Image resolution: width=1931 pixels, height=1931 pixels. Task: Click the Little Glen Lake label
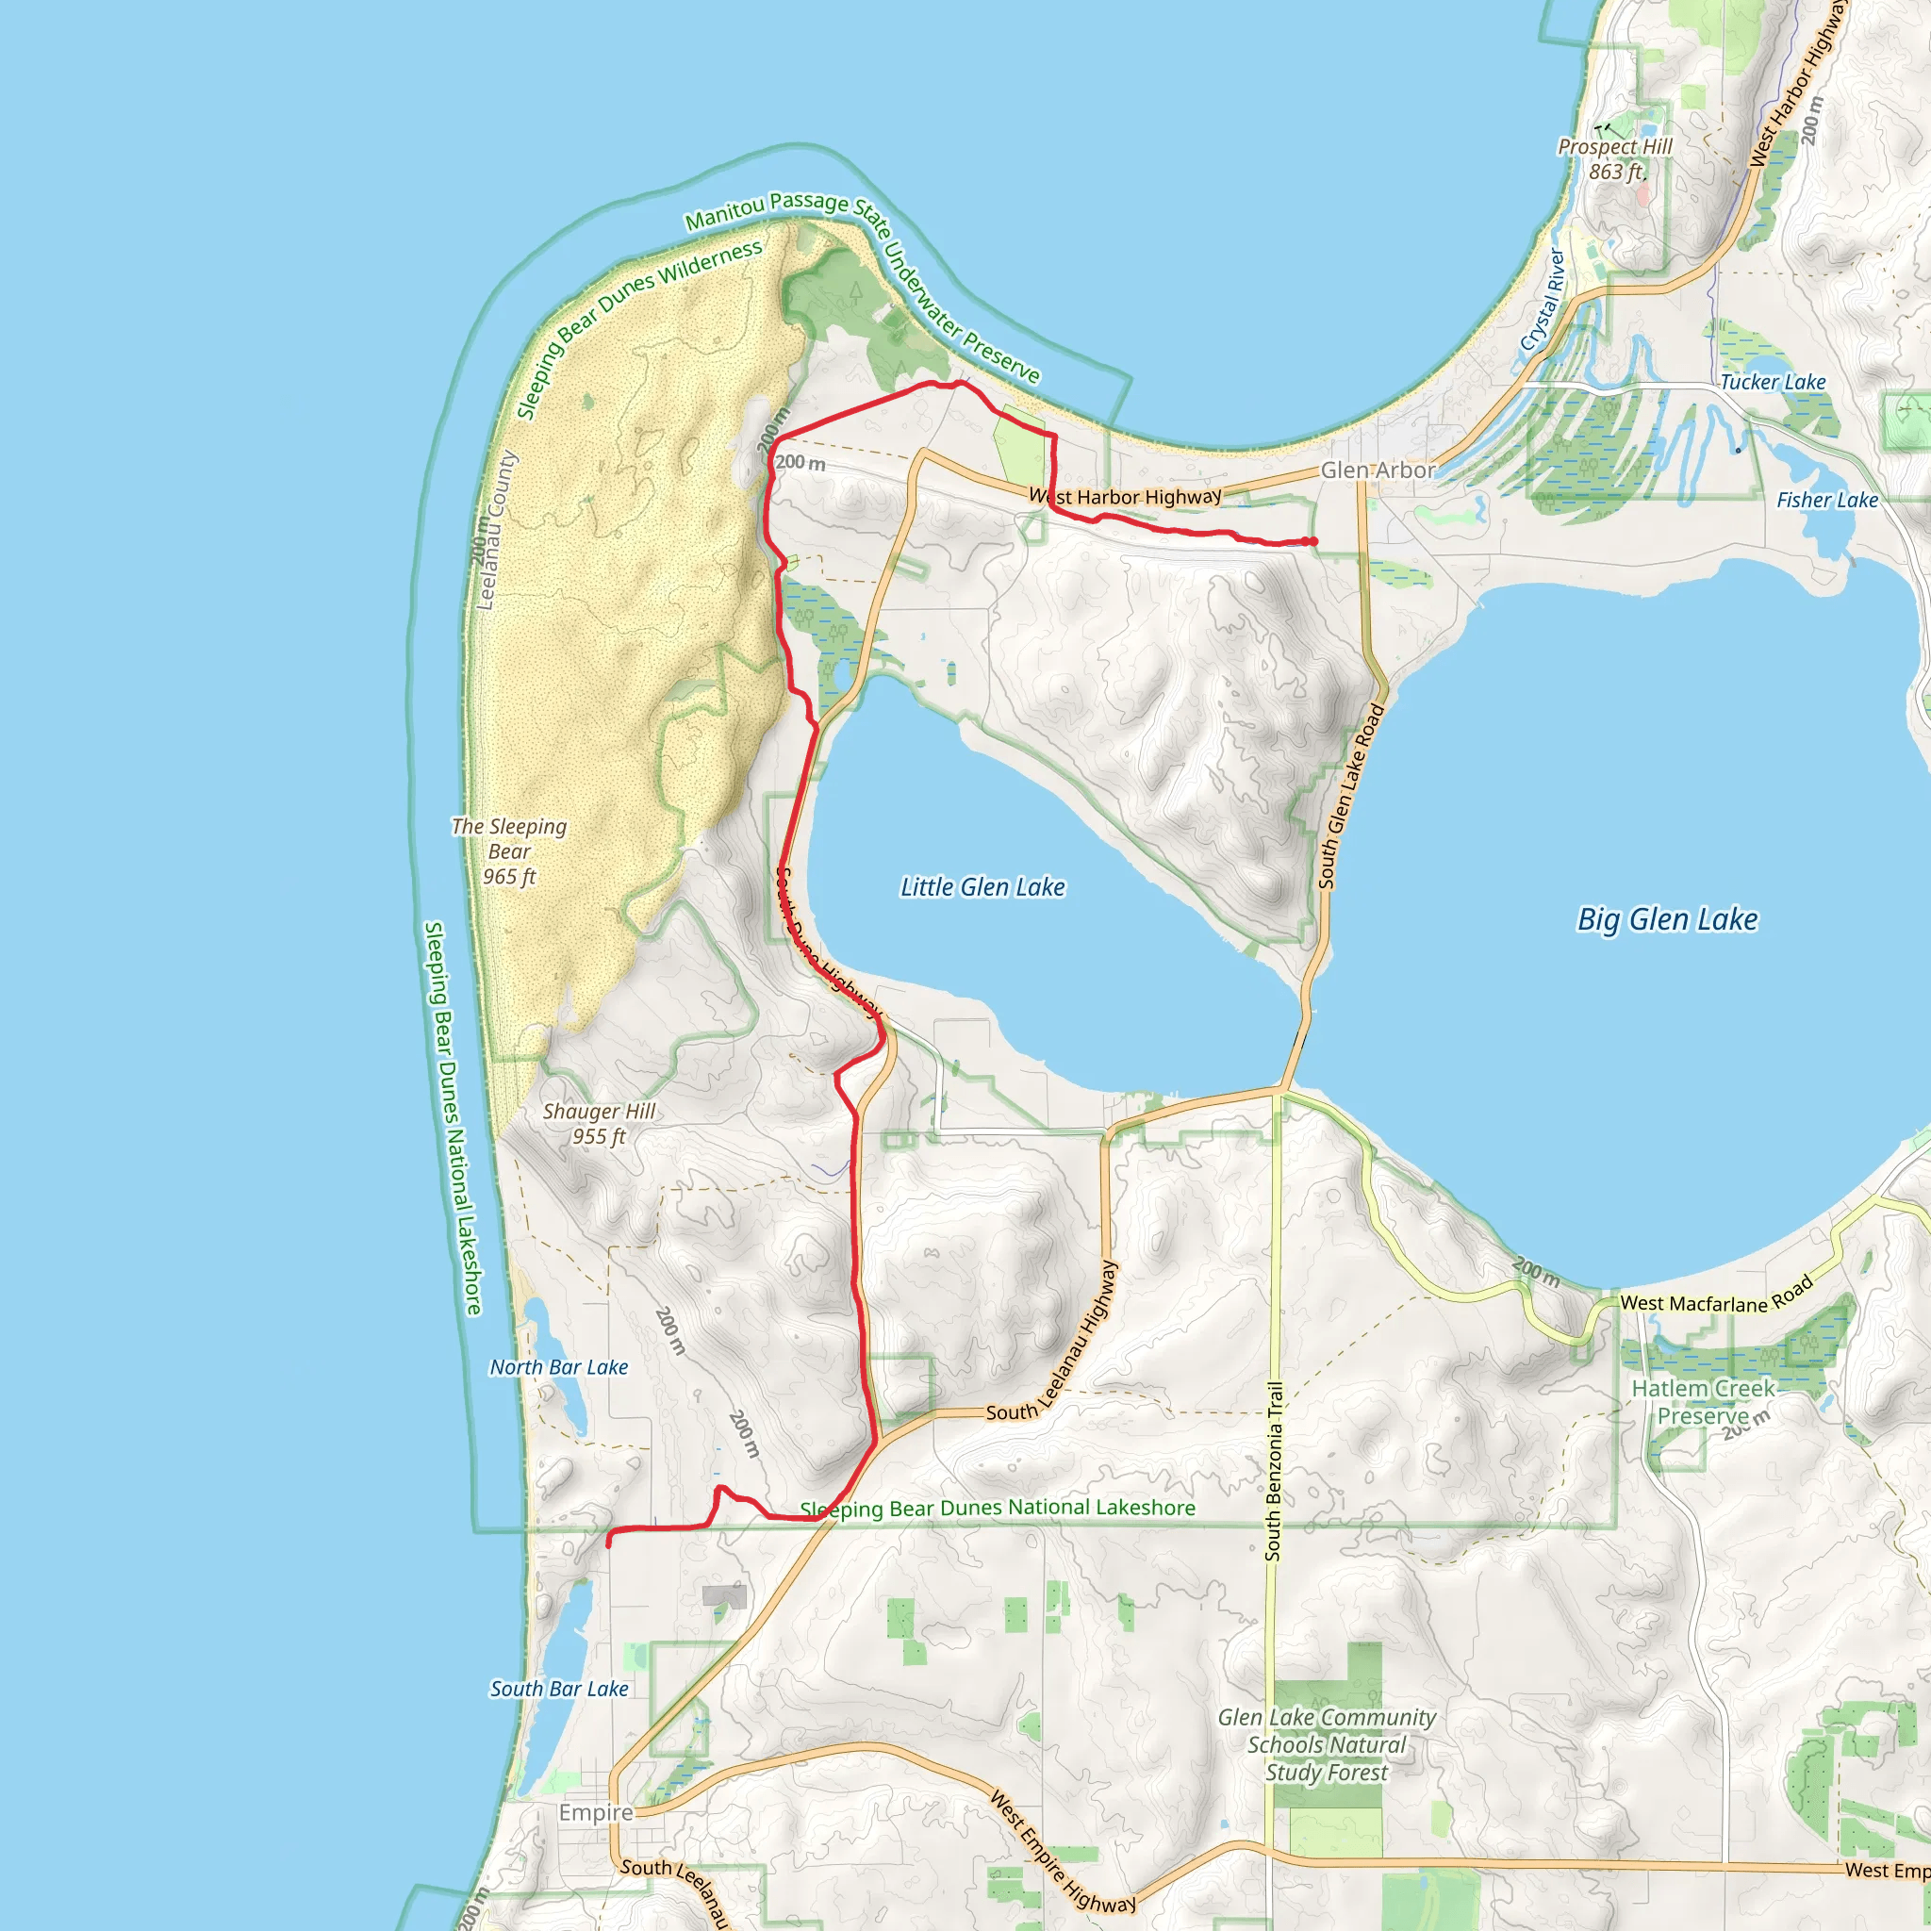click(x=982, y=886)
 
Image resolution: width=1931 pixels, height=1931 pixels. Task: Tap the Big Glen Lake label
click(x=1666, y=919)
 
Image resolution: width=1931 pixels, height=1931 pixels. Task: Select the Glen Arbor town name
click(x=1378, y=470)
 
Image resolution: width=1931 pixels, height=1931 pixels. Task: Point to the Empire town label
click(x=596, y=1812)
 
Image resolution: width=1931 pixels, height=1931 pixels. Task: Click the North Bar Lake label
click(x=559, y=1367)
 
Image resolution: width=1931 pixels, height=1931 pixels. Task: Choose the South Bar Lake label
click(x=559, y=1689)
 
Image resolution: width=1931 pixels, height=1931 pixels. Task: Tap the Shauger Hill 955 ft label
click(x=599, y=1123)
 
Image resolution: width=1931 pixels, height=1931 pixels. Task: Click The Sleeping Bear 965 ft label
click(x=509, y=851)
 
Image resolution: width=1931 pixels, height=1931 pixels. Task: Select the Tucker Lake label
click(x=1772, y=382)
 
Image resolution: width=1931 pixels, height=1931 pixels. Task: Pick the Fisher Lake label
click(x=1827, y=500)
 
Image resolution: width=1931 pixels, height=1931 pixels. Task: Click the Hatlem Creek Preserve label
click(x=1703, y=1401)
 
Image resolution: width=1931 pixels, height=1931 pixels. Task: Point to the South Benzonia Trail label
click(x=1273, y=1470)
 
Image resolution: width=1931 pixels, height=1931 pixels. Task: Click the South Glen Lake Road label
click(x=1350, y=797)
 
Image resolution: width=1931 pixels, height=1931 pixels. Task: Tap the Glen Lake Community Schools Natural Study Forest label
click(x=1327, y=1744)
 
